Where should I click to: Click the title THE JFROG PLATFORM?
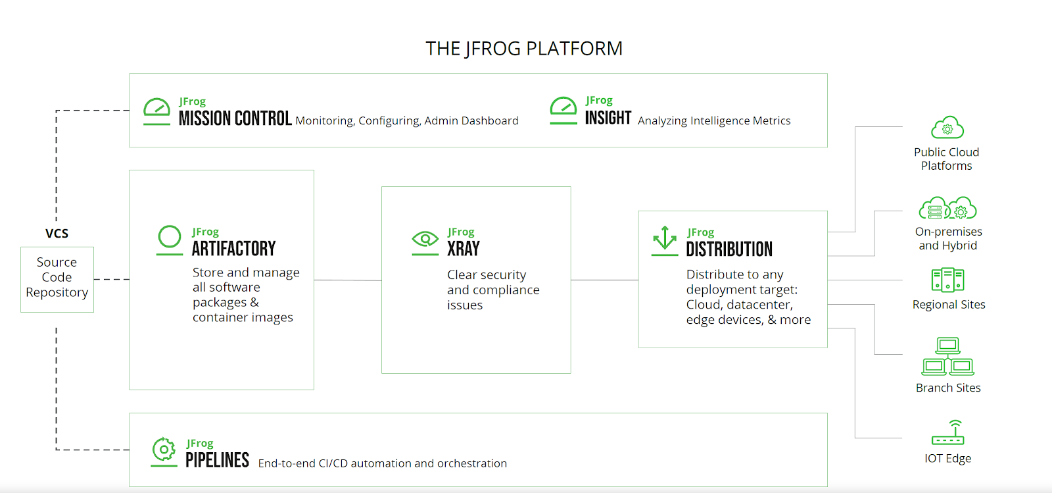(523, 49)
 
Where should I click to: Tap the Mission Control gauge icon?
(156, 111)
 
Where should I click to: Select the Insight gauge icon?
(563, 109)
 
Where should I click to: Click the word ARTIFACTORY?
(233, 249)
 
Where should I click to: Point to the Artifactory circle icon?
(170, 239)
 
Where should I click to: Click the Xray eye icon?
(425, 241)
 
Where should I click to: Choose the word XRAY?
(464, 249)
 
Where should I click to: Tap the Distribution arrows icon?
(665, 240)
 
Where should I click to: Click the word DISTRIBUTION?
(729, 249)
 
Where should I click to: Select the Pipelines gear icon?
(164, 451)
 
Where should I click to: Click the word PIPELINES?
(217, 460)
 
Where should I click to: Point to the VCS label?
(57, 234)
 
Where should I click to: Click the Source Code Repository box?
(57, 279)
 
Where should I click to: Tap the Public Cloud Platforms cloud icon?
(947, 128)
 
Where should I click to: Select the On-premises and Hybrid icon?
(947, 209)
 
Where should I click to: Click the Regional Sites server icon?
(947, 280)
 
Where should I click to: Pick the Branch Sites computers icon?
(947, 357)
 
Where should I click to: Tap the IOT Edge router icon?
(947, 432)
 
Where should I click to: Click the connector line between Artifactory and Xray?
(347, 280)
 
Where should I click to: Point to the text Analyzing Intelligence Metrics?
(714, 121)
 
